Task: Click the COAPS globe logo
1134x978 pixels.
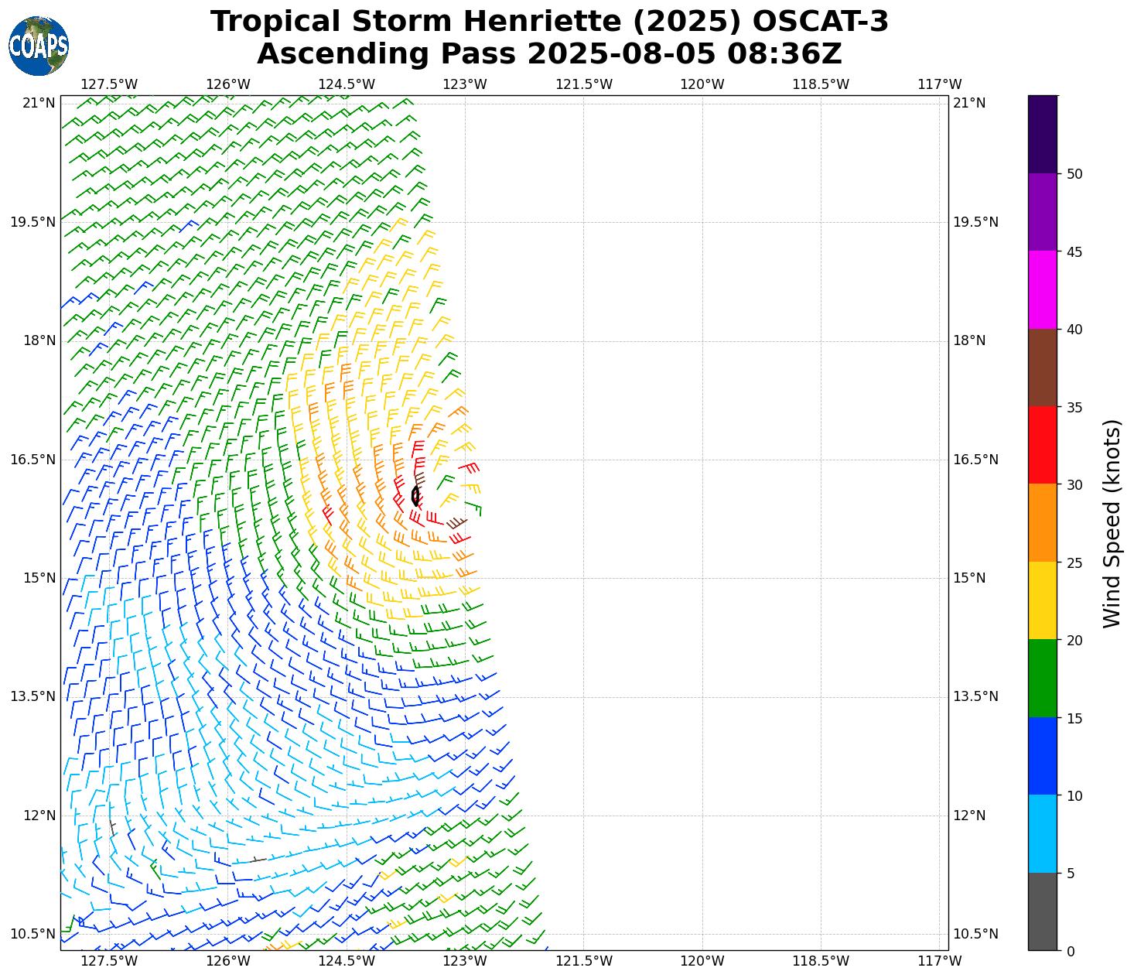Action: (39, 46)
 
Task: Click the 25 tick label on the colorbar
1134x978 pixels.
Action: (1074, 563)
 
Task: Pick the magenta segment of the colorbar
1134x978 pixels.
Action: (1042, 290)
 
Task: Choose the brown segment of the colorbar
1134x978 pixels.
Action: (1042, 368)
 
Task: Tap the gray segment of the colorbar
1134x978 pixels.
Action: (1042, 911)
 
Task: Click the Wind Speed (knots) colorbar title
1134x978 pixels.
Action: (1112, 524)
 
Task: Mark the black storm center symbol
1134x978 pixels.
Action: (416, 495)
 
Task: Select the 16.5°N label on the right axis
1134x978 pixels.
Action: (975, 460)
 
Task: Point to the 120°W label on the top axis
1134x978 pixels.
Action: (702, 84)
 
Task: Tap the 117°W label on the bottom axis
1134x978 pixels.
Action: (939, 961)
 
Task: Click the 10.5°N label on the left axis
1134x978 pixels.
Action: (32, 934)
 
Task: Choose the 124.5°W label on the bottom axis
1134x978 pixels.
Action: (347, 961)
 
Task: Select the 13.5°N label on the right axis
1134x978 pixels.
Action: (975, 696)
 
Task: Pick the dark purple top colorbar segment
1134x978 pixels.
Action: (1042, 134)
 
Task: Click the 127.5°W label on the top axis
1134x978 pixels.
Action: (109, 84)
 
